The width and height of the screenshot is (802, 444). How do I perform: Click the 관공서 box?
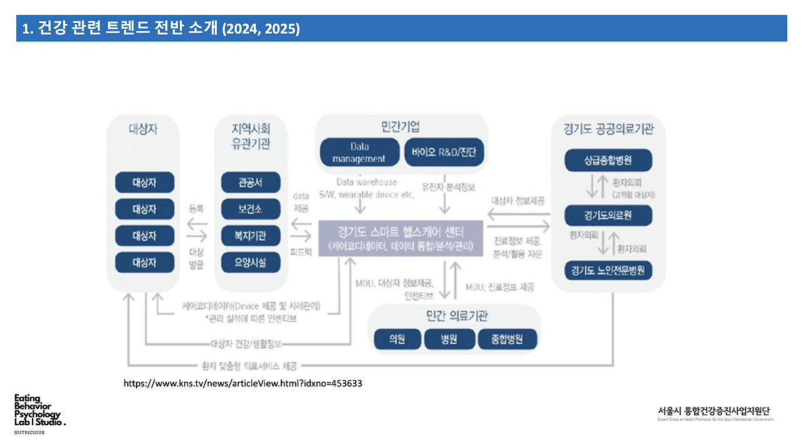250,183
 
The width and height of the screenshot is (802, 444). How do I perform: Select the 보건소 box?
250,209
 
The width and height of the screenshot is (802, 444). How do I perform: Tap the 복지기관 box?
250,236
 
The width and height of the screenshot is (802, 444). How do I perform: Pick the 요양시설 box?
250,262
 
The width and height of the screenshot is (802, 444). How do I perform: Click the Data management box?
360,152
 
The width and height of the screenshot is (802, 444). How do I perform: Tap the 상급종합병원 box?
608,160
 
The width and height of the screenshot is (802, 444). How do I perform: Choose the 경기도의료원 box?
608,216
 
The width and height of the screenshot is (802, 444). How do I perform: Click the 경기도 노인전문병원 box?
608,271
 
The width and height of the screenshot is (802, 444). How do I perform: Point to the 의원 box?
397,339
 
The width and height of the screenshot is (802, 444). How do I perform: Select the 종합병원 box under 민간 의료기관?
508,339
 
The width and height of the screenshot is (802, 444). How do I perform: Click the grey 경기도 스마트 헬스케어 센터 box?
401,238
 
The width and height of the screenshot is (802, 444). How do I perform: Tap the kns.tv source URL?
243,383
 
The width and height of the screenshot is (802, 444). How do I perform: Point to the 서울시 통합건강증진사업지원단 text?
714,411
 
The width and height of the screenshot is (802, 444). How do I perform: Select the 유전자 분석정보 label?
449,187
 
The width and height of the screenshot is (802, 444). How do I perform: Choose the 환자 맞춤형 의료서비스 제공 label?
249,366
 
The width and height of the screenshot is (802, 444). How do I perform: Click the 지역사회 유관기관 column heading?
250,137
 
